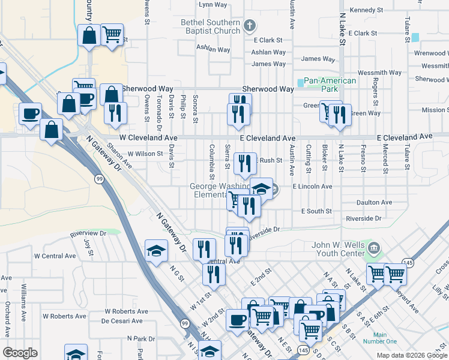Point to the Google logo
[20, 353]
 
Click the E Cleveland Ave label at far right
[405, 137]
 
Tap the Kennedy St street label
[366, 10]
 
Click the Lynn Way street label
[213, 4]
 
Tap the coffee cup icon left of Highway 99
[30, 113]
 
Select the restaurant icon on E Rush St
[244, 163]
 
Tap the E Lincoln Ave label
[312, 187]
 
